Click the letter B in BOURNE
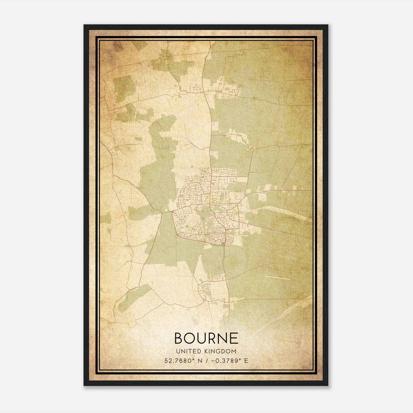pos(179,338)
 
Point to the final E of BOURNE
pos(234,338)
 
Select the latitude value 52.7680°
pos(179,361)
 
